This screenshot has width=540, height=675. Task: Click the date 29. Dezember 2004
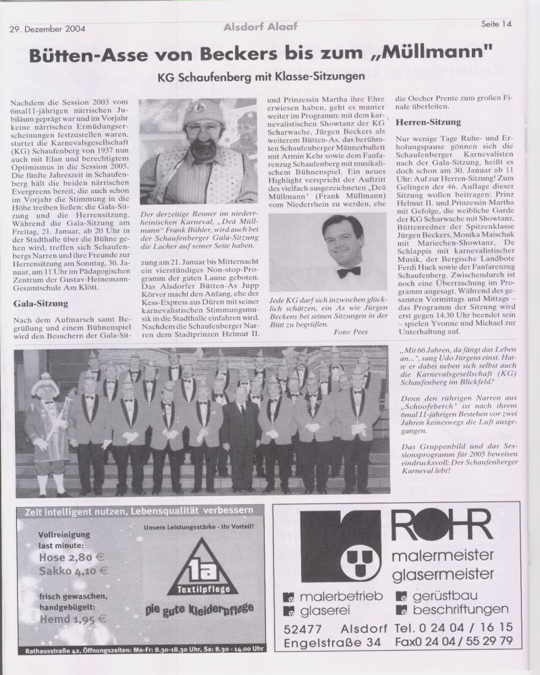[x=47, y=29]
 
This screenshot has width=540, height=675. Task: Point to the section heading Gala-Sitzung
[x=41, y=304]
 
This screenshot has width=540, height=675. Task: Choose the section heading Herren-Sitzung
[x=429, y=122]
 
